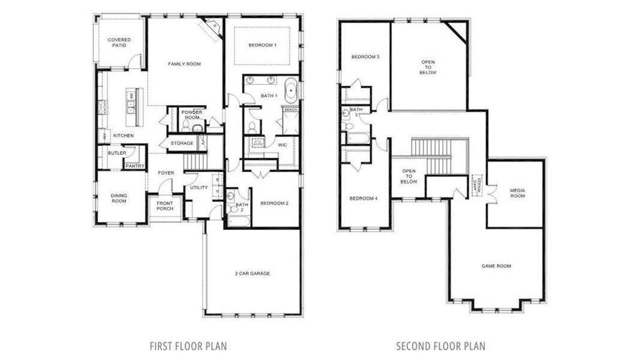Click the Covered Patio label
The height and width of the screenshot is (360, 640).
click(119, 43)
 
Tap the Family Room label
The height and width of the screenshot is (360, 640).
click(184, 64)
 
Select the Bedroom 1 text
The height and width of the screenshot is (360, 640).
click(262, 46)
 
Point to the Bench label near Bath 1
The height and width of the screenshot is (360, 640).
click(290, 110)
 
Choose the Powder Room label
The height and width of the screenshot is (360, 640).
click(191, 115)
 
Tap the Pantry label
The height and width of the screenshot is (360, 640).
click(134, 166)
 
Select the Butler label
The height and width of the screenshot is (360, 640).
click(117, 153)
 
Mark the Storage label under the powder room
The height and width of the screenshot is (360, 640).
click(182, 143)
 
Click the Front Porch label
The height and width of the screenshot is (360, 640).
click(165, 206)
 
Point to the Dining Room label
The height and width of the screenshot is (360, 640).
click(119, 198)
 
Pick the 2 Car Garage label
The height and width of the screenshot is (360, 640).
click(252, 274)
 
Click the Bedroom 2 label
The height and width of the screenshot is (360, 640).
click(275, 203)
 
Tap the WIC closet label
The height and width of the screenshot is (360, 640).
click(282, 145)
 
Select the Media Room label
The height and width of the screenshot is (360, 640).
click(517, 193)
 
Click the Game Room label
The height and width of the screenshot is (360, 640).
click(496, 266)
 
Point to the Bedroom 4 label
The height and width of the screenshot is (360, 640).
click(364, 199)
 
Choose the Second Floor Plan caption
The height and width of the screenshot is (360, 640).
click(440, 346)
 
